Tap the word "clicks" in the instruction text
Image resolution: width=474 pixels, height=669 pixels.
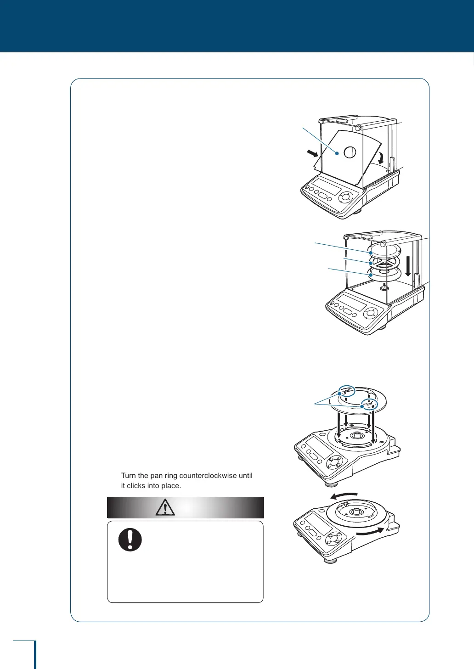136,486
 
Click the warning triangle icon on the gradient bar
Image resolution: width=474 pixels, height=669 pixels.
165,507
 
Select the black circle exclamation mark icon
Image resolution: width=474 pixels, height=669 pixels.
130,540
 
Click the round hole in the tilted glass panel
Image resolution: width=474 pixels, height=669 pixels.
350,152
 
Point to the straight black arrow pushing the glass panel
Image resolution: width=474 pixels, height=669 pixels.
312,152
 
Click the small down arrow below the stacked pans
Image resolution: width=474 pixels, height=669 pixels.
384,284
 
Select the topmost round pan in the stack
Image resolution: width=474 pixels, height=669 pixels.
384,250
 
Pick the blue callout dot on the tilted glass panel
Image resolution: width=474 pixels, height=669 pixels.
337,154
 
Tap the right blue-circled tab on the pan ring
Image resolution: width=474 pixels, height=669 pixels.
369,405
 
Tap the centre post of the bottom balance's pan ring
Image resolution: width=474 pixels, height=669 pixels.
355,511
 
